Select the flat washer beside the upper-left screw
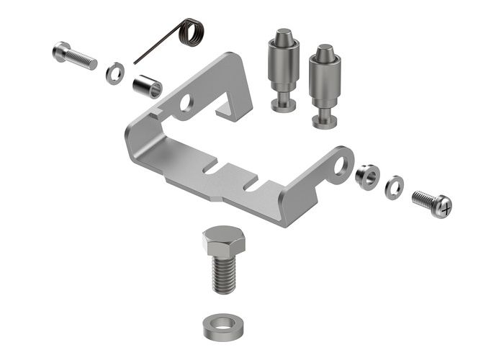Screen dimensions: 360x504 pos(114,73)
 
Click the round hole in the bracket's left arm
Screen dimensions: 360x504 pos(186,102)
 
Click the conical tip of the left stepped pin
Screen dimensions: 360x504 pos(283,35)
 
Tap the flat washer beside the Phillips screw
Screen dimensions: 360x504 pos(393,186)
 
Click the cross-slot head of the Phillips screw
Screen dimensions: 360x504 pos(444,208)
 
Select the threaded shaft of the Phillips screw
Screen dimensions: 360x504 pos(423,199)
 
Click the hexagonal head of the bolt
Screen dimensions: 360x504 pos(223,240)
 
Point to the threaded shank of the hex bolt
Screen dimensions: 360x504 pos(225,274)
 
